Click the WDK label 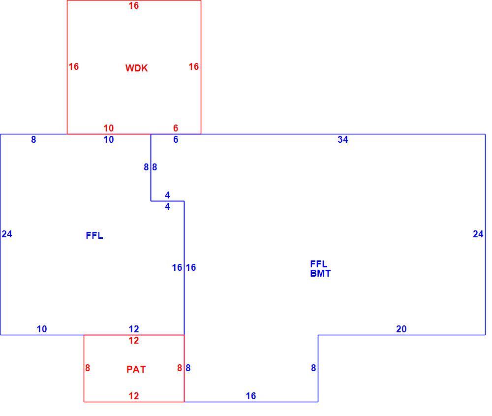[x=136, y=68]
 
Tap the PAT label [x=136, y=369]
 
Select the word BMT [x=320, y=273]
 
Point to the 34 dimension [x=342, y=139]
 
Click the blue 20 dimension [x=401, y=329]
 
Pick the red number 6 [x=176, y=128]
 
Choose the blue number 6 [x=176, y=139]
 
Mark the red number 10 [x=109, y=128]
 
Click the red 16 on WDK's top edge [x=134, y=5]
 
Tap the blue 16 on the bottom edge [x=251, y=396]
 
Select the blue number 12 [x=134, y=329]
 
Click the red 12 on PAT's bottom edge [x=134, y=396]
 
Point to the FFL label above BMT [x=319, y=264]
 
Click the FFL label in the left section [x=94, y=235]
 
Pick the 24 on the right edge [x=478, y=234]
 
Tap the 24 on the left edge [x=7, y=234]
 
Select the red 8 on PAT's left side [x=88, y=368]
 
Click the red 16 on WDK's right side [x=193, y=66]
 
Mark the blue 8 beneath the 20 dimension [x=313, y=368]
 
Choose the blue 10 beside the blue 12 [x=42, y=329]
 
